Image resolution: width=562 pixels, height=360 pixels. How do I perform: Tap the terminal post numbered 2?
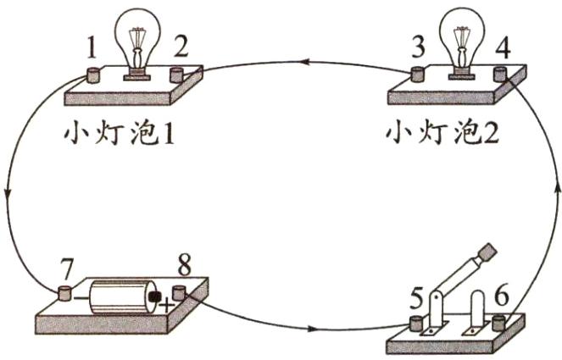tap(178, 74)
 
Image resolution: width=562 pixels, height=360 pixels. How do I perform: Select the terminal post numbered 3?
tap(418, 74)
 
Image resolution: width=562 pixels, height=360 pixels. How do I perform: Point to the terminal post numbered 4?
tap(500, 74)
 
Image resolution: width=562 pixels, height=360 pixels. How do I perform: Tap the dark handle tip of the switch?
tap(488, 252)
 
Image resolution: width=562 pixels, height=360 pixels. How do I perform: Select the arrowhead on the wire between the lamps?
tap(302, 61)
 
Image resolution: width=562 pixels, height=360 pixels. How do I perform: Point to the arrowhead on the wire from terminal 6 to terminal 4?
tap(556, 186)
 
